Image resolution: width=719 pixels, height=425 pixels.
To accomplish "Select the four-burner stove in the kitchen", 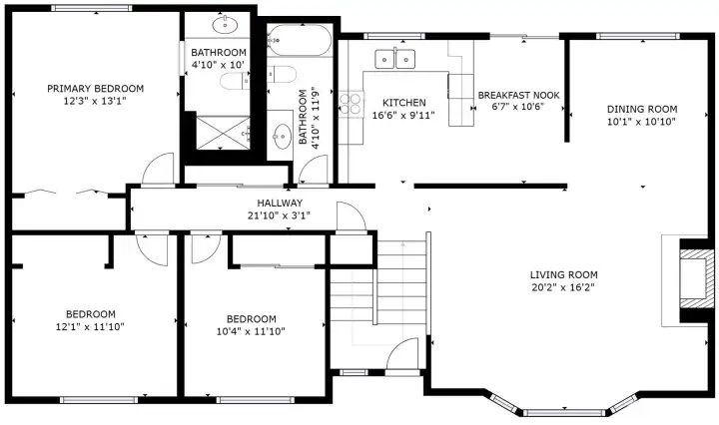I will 350,105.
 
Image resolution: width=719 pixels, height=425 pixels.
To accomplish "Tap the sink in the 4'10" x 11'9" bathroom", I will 283,134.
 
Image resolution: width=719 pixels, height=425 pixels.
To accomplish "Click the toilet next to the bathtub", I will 283,75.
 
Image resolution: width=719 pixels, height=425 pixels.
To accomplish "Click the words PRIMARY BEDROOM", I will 96,88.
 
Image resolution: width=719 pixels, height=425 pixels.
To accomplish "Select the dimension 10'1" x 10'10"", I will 642,122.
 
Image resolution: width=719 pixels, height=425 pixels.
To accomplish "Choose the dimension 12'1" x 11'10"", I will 90,326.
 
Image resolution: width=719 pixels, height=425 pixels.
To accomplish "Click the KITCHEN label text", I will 404,103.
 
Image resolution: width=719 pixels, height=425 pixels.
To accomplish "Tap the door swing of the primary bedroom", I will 160,171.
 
